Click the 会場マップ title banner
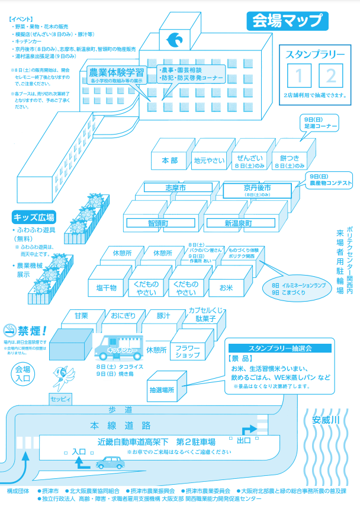287,21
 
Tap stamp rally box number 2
330,75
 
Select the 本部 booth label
169,160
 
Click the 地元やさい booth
209,160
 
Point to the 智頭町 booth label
158,223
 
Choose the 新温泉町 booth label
237,223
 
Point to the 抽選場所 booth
162,389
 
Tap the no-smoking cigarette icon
9,330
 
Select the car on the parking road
108,462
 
